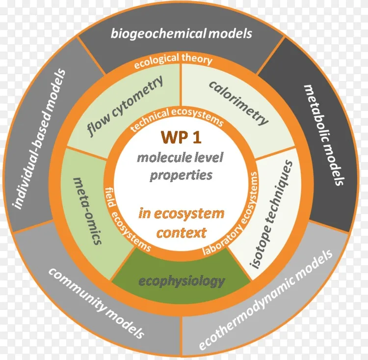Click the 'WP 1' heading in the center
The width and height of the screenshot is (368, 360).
[181, 138]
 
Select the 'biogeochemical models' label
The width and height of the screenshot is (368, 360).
[181, 33]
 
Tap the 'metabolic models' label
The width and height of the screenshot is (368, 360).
[322, 135]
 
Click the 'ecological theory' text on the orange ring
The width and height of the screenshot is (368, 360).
[181, 59]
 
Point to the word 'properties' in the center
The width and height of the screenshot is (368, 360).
[181, 174]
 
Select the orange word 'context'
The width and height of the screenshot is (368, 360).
[181, 232]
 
